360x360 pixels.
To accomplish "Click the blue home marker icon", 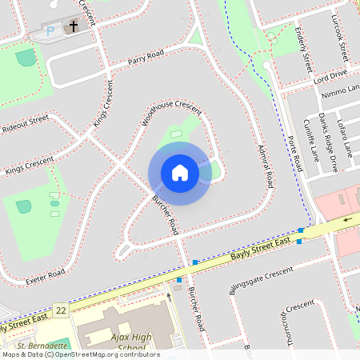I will (180, 173).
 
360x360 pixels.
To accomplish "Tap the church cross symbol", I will (74, 26).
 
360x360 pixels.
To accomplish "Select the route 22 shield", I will (61, 309).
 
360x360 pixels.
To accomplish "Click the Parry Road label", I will (146, 57).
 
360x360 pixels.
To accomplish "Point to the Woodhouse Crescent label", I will (171, 113).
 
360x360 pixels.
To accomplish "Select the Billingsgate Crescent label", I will (262, 281).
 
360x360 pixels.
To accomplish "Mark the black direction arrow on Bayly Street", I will (347, 219).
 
